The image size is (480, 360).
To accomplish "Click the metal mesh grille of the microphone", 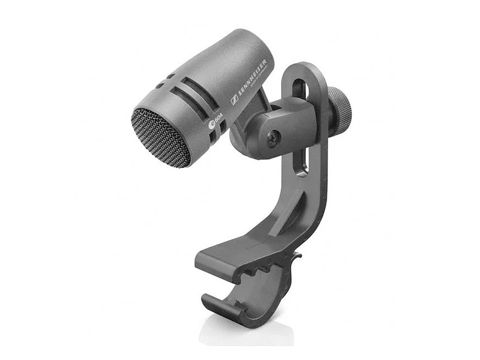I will (161, 138).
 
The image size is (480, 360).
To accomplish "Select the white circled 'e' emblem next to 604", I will (211, 124).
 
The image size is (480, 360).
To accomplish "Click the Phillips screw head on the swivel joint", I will (273, 137).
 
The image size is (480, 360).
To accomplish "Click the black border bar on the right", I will (450, 180).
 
